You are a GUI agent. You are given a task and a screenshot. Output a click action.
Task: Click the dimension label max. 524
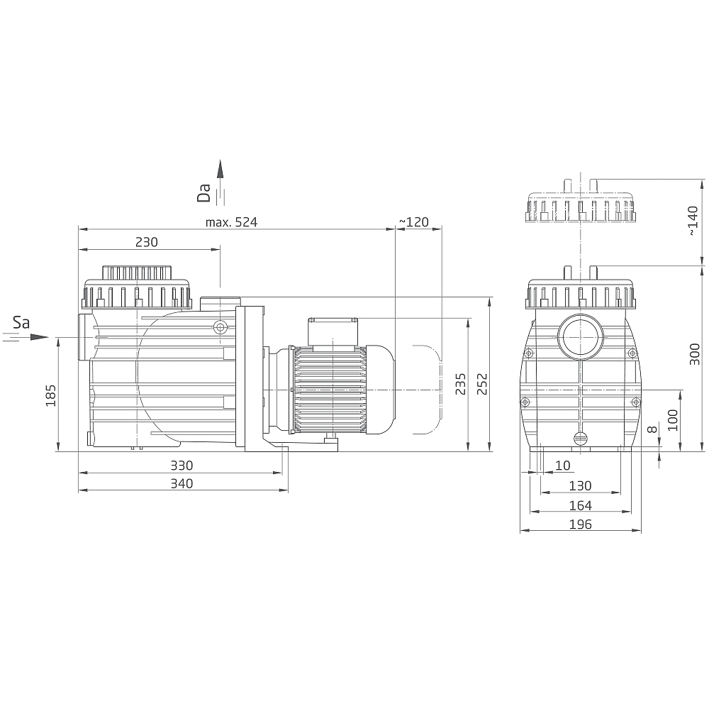(x=231, y=222)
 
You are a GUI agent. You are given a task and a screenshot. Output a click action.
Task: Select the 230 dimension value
(x=147, y=242)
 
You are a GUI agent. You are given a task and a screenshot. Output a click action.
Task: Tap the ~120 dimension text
(x=414, y=222)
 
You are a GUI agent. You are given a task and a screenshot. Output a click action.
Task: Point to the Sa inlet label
(x=21, y=322)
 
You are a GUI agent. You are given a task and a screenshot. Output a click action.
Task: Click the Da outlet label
(x=204, y=192)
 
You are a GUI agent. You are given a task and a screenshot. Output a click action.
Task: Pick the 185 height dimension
(x=50, y=395)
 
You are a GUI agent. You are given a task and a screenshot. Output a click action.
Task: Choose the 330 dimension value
(x=182, y=466)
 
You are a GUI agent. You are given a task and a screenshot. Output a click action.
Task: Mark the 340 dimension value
(x=182, y=483)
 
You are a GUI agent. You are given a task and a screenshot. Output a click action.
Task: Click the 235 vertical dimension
(x=460, y=383)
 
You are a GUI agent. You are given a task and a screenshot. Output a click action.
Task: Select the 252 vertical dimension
(x=482, y=383)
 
